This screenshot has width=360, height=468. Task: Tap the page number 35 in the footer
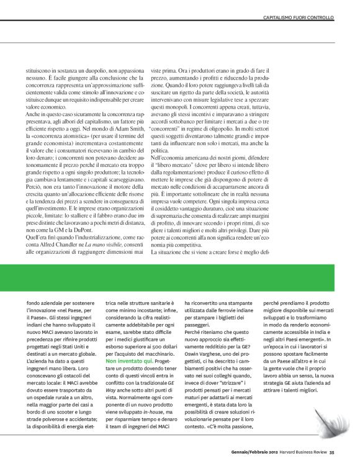click(332, 451)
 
